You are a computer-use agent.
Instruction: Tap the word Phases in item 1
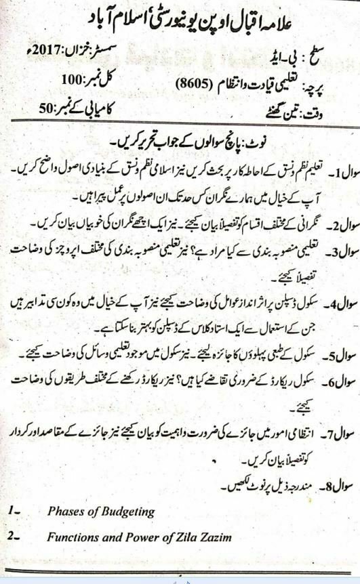click(x=65, y=512)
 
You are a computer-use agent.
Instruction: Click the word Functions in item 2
click(x=73, y=537)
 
